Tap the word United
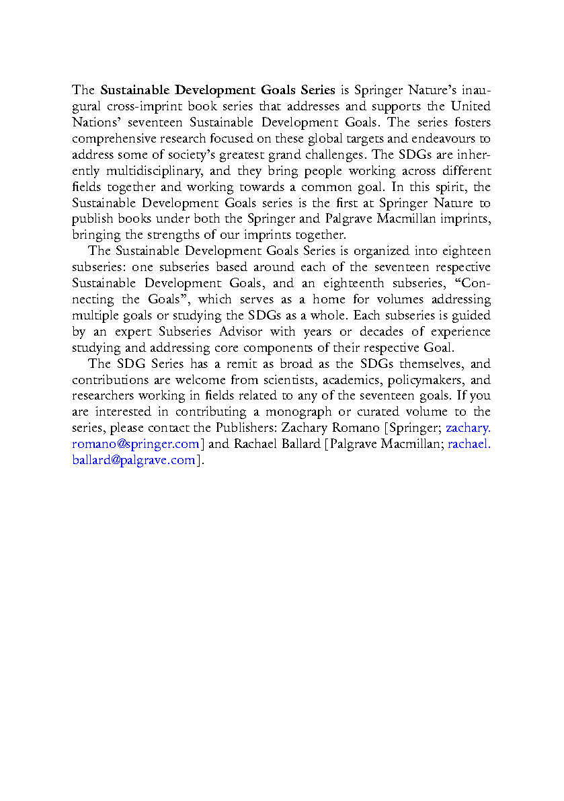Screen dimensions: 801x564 (471, 106)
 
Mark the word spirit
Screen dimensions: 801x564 (430, 187)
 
